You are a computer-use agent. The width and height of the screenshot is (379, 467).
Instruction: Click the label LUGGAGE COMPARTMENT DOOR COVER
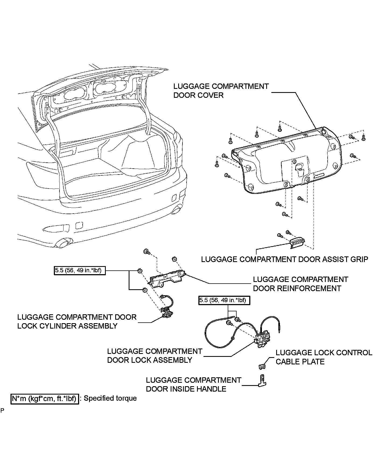click(221, 91)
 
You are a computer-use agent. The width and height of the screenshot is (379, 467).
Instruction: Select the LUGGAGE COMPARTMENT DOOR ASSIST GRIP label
click(285, 259)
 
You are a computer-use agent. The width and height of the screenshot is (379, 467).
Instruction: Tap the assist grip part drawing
click(298, 242)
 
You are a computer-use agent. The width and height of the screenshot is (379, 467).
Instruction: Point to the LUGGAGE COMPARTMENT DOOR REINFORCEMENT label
click(300, 284)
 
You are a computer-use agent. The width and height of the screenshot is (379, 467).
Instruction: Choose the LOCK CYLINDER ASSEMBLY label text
click(77, 321)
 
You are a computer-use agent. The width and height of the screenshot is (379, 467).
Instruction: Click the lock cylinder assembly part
click(167, 314)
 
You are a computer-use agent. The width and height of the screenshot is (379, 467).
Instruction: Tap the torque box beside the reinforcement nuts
click(79, 270)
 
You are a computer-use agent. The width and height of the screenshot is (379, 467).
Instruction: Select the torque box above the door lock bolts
click(224, 300)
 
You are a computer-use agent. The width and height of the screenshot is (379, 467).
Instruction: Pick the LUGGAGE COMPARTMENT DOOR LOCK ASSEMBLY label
click(155, 356)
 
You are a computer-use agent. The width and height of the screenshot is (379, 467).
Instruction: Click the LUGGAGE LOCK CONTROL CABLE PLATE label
click(324, 357)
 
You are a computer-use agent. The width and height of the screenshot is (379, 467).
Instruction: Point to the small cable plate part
click(261, 366)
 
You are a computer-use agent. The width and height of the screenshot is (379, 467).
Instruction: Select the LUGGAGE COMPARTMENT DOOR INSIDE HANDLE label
click(194, 384)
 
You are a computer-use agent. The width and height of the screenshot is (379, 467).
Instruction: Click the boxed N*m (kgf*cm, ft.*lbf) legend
click(45, 399)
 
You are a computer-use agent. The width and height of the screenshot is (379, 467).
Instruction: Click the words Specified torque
click(110, 398)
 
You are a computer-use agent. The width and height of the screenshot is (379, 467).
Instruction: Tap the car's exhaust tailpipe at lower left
click(63, 244)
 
